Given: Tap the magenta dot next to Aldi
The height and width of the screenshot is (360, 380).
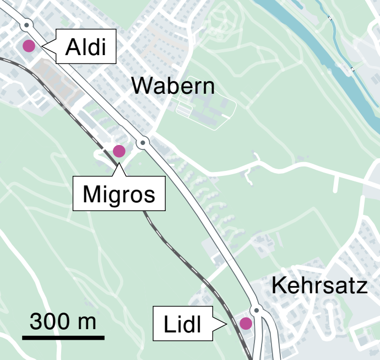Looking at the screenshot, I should click(28, 46).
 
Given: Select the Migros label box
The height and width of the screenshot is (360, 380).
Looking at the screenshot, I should click(119, 194).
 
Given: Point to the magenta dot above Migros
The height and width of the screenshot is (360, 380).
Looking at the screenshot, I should click(119, 151).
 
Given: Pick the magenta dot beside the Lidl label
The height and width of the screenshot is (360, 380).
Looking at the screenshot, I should click(245, 323).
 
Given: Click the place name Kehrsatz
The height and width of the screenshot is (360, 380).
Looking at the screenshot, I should click(319, 286).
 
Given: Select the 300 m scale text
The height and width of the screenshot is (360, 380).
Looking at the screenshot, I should click(63, 321).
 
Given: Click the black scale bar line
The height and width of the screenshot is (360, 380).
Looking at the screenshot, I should click(63, 336).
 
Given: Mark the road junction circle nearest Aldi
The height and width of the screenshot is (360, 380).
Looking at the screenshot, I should click(26, 25).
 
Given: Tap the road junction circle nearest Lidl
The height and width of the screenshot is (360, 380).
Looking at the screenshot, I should click(256, 310).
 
